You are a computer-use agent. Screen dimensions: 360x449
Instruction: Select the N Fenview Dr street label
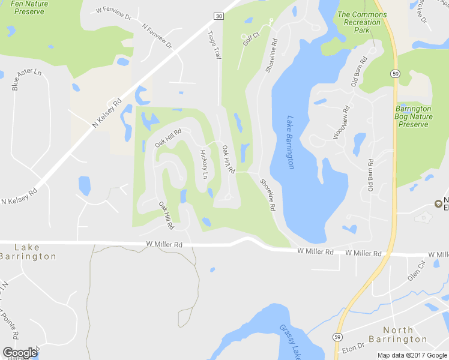(x=157, y=36)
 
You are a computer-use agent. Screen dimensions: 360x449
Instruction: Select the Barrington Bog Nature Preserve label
(x=414, y=116)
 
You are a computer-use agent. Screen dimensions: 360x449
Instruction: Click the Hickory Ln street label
(x=203, y=164)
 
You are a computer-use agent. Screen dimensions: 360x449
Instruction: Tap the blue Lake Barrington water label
(x=291, y=142)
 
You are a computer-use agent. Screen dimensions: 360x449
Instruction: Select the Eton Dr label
(x=353, y=346)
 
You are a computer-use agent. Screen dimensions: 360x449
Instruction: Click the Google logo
(x=20, y=353)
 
